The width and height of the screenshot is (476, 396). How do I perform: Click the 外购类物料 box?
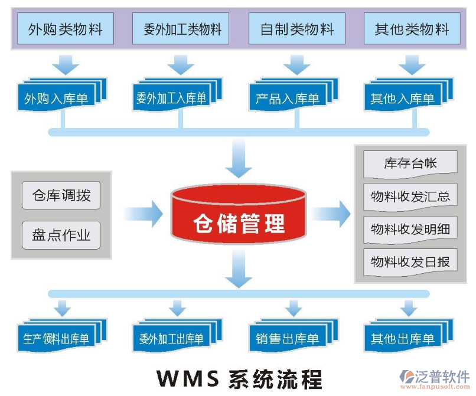65,29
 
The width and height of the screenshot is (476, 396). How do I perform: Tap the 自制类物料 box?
297,29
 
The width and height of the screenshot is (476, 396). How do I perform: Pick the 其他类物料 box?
412,29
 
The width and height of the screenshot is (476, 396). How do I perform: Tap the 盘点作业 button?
61,235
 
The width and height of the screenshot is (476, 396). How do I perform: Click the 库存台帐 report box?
410,163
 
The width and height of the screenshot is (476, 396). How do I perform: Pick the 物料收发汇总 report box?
410,197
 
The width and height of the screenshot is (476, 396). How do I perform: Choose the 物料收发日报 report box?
410,261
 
